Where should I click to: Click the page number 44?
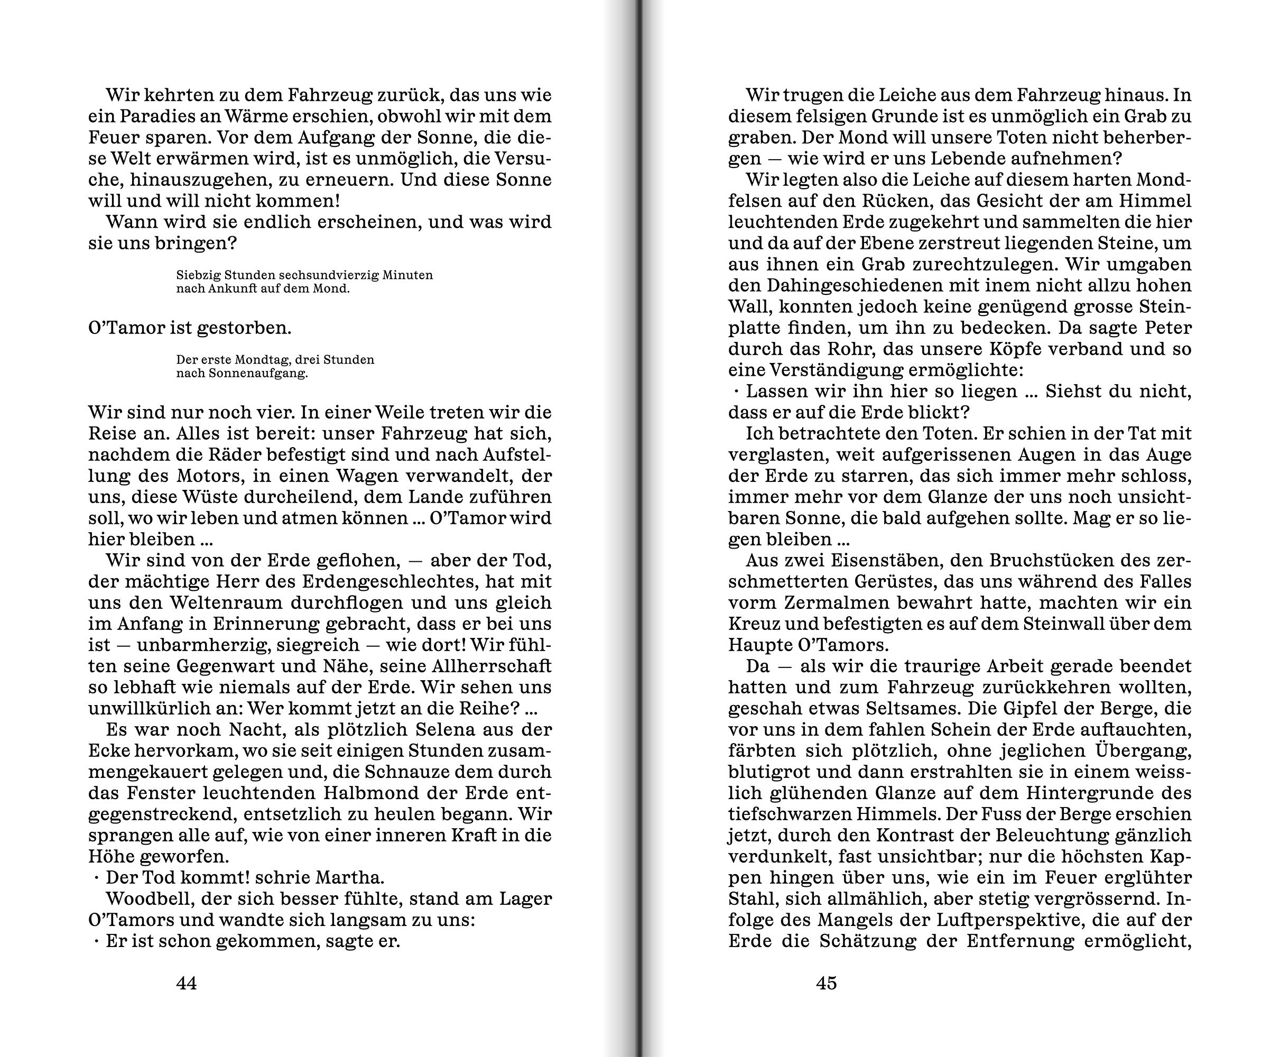click(187, 982)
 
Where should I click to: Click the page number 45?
click(827, 982)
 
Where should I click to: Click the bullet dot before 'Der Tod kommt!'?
click(96, 877)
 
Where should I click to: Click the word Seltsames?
click(898, 708)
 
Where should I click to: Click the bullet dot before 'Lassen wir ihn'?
click(736, 391)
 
